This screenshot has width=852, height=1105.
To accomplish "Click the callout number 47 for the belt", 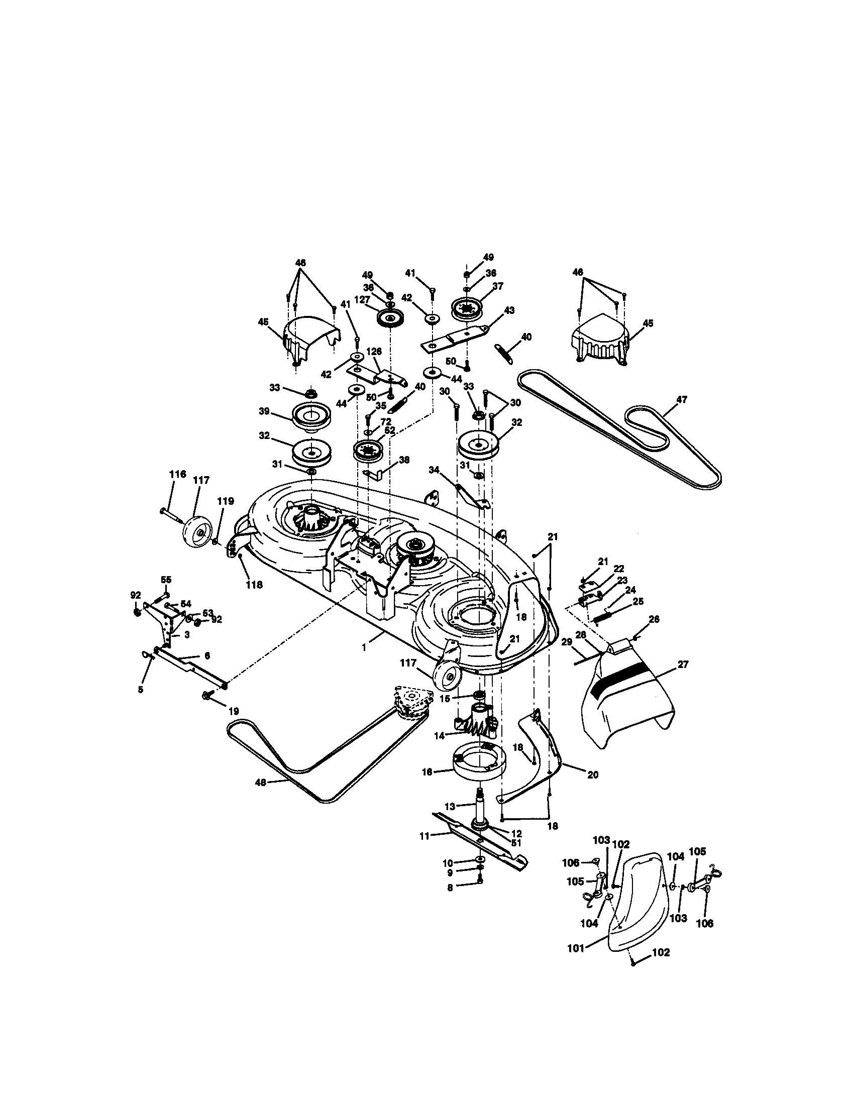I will coord(682,399).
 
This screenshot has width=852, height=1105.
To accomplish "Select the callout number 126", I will coord(374,351).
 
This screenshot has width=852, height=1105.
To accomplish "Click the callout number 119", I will coord(226,501).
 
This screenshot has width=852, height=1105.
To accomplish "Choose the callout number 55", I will coord(166,579).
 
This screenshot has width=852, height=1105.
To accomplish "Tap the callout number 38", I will coord(404,460).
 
